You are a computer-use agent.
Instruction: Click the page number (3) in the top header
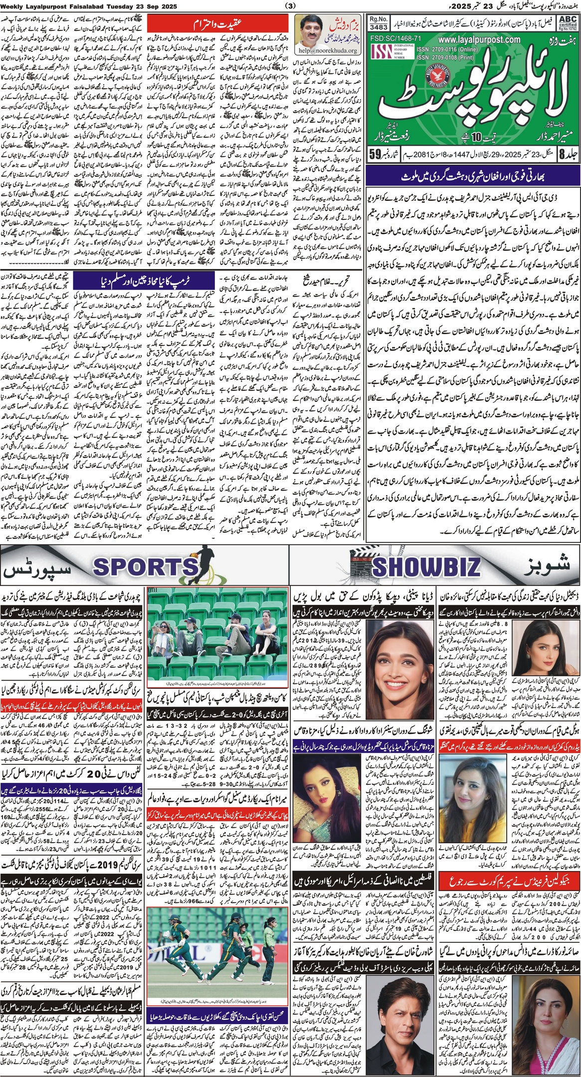coord(290,6)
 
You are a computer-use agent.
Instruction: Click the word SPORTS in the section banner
coord(145,566)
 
